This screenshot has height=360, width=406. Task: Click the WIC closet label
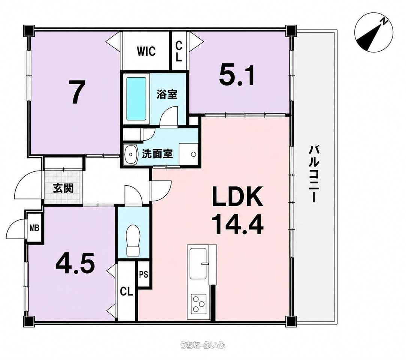click(x=146, y=51)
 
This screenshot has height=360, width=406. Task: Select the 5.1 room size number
click(x=237, y=75)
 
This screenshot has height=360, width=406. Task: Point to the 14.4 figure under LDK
click(x=237, y=225)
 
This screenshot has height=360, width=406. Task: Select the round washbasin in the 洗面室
click(x=131, y=154)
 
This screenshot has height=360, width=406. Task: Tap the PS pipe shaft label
click(x=143, y=274)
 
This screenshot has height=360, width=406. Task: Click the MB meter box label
click(x=34, y=228)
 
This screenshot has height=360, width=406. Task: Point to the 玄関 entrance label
click(x=63, y=188)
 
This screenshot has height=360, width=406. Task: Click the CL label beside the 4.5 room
click(x=126, y=292)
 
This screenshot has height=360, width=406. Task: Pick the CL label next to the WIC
click(x=179, y=52)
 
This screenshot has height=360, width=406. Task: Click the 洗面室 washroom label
click(x=157, y=154)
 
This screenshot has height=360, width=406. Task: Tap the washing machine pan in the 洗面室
click(x=188, y=154)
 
